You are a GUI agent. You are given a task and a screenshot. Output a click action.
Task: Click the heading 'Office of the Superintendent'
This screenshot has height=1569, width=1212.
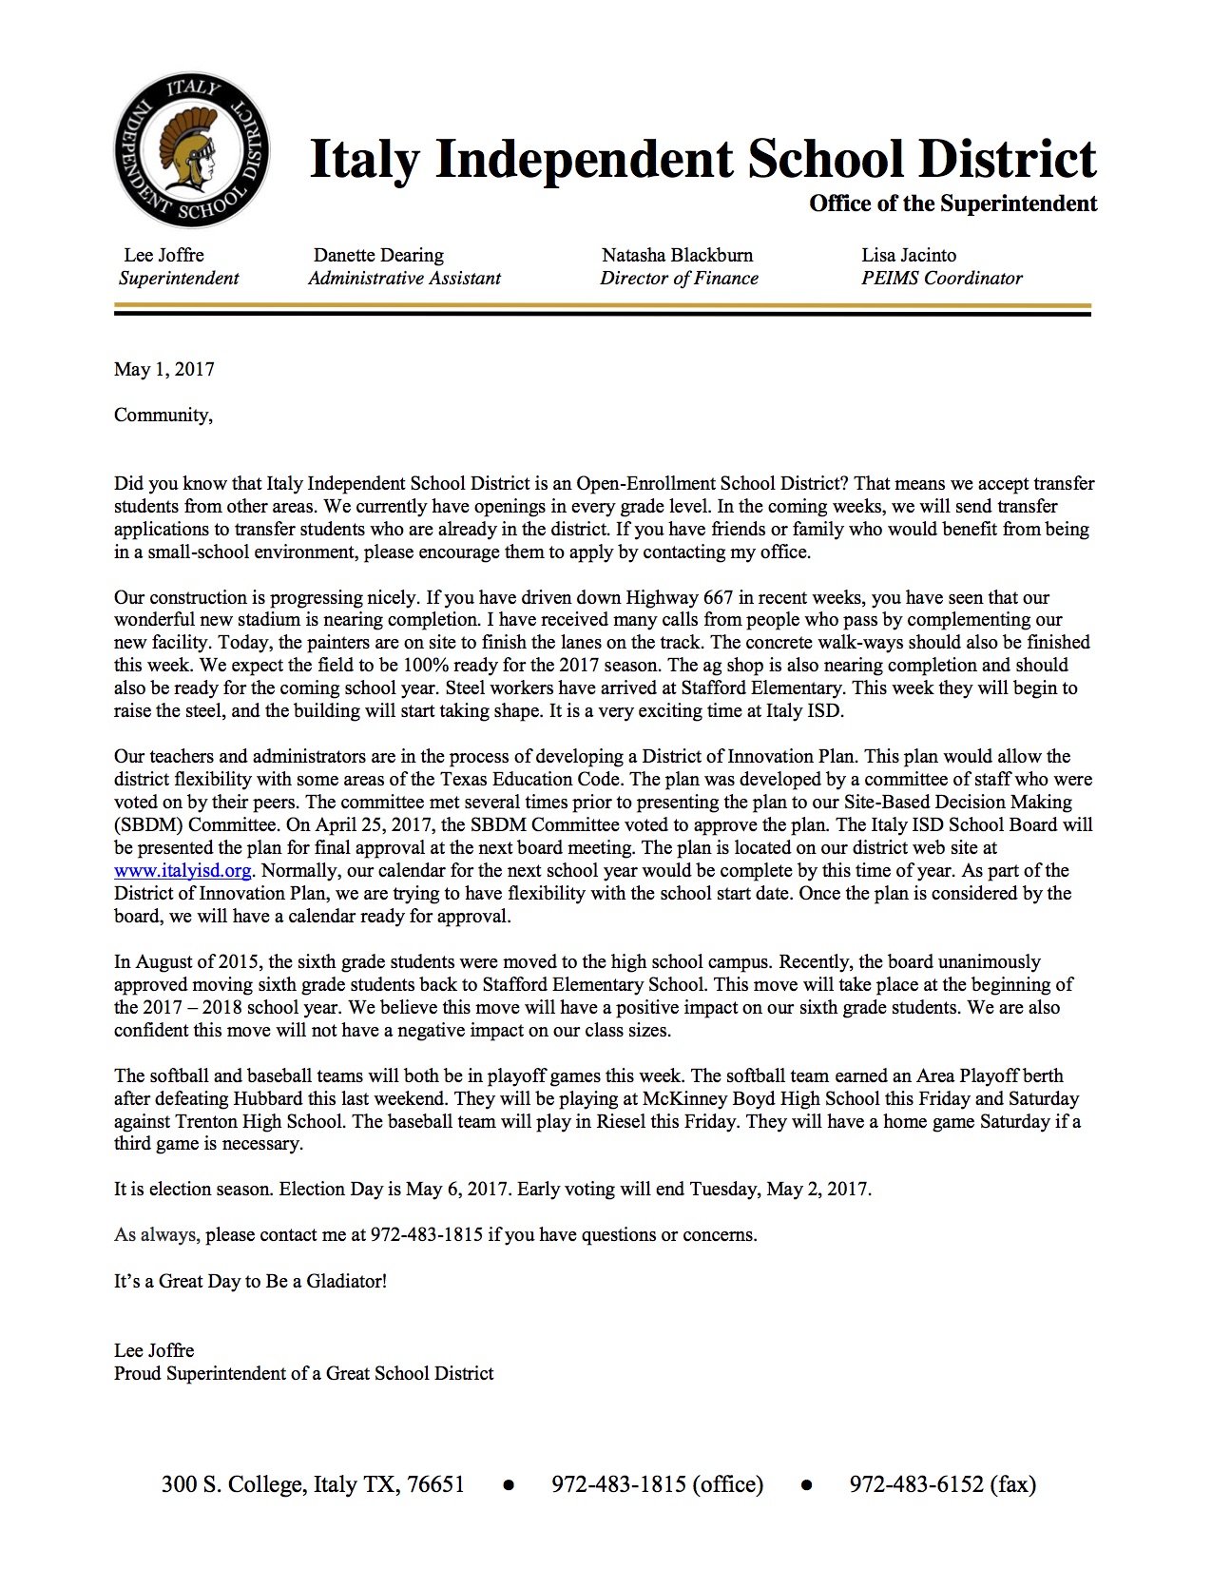click(952, 203)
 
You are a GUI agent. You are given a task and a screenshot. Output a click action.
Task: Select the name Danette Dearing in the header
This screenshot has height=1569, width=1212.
click(378, 255)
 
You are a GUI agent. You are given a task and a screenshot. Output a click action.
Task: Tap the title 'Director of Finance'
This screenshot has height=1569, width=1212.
click(679, 279)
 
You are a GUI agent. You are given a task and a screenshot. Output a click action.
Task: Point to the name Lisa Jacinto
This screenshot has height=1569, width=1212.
click(909, 255)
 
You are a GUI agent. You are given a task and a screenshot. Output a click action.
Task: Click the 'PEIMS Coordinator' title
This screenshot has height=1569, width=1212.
click(941, 279)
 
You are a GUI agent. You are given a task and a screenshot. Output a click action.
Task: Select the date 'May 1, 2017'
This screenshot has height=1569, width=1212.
click(164, 369)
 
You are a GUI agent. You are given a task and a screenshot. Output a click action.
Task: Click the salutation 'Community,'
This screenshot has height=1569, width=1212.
click(164, 415)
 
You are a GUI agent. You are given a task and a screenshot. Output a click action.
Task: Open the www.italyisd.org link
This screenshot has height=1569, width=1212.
click(183, 870)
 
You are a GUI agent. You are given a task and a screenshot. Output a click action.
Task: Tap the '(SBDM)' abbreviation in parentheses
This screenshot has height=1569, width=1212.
click(148, 824)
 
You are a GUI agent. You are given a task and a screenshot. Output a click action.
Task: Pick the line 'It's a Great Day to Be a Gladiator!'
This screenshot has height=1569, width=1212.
click(250, 1281)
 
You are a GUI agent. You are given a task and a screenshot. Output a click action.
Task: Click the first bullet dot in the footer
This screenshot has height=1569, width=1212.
click(509, 1485)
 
